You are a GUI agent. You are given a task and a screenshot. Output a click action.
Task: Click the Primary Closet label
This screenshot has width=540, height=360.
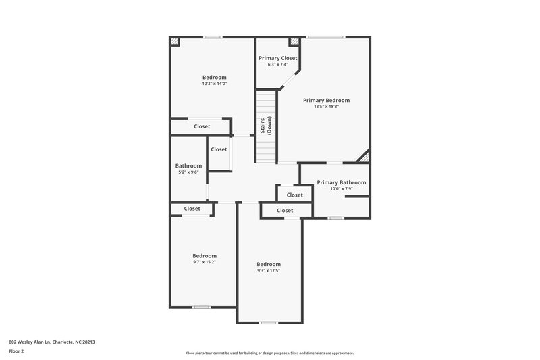coord(277,58)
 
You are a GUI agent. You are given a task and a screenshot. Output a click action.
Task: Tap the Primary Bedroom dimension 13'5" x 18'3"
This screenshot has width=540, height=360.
coord(326,107)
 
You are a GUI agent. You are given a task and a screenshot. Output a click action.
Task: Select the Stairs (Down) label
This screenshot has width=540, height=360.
coord(266,126)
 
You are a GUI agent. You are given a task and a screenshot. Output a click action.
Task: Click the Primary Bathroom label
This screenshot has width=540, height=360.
coord(341,182)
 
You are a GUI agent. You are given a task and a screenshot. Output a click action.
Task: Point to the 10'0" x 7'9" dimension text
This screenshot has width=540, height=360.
coord(341,189)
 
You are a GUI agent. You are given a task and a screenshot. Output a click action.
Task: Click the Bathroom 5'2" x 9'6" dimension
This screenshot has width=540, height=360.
coord(188,172)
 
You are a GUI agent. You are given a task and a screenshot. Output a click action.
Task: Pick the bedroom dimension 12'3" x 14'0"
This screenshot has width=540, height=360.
coord(214,84)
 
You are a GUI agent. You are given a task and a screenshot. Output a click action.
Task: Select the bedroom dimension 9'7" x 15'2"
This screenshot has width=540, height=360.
coord(204,262)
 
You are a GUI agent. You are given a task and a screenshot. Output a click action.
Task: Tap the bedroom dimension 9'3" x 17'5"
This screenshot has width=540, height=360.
coord(268,271)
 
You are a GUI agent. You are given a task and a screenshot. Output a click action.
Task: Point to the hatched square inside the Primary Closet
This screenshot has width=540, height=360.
coord(294,42)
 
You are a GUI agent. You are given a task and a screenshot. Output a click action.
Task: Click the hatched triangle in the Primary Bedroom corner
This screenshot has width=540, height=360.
coord(364,157)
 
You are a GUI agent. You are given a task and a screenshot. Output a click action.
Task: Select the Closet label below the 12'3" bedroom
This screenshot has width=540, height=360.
coord(202,126)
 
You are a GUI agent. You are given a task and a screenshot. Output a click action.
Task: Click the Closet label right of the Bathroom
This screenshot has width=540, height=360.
coord(219,149)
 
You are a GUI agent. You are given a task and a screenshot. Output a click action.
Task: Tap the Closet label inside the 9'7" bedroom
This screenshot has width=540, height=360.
coord(192,209)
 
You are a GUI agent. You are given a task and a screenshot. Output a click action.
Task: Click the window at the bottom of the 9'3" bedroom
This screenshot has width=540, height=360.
coord(269,322)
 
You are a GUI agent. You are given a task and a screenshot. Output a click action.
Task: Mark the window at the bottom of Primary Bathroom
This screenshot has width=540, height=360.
coord(335,217)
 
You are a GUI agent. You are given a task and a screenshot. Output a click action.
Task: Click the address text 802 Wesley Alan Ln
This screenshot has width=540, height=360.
coord(52,342)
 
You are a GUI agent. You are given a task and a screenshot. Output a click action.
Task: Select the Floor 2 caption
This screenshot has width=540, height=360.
coord(17,352)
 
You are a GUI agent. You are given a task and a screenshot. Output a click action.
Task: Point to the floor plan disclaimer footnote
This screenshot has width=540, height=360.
coord(269,353)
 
